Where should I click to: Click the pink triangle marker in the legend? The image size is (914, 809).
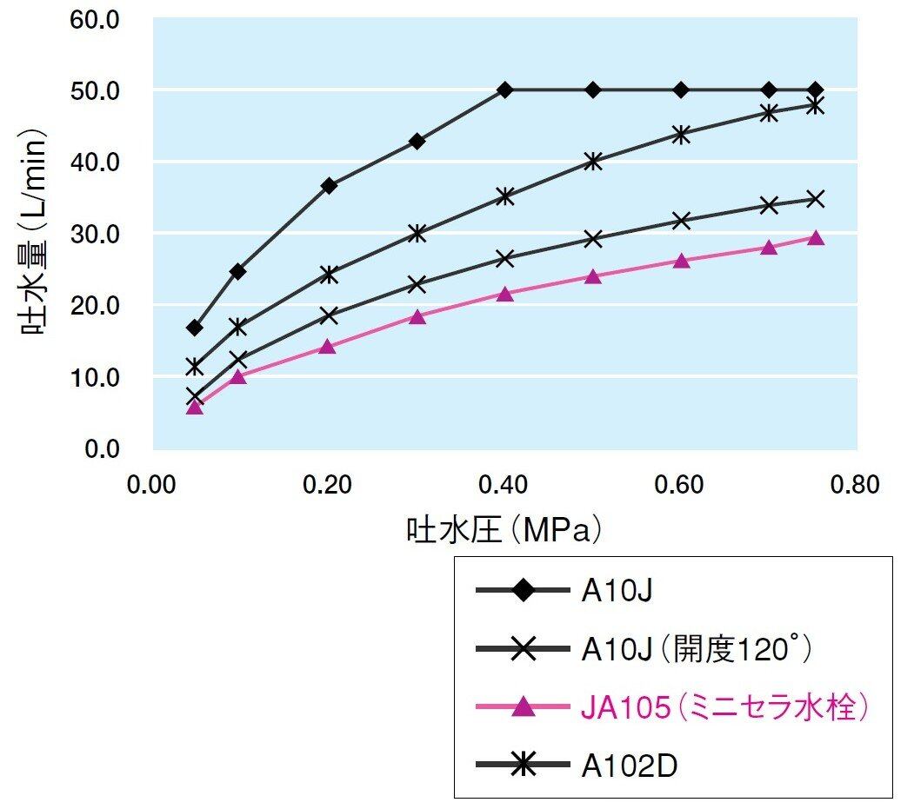click(522, 709)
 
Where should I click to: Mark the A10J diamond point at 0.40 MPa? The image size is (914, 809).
click(505, 90)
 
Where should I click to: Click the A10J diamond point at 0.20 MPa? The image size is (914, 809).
click(329, 185)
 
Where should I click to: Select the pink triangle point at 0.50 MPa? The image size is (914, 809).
click(593, 277)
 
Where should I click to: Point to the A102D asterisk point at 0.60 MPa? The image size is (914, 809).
click(681, 134)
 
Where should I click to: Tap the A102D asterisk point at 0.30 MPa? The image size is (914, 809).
click(417, 233)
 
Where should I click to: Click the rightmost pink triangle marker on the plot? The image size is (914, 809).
click(816, 238)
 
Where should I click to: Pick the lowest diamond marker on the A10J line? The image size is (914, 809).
click(195, 328)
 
